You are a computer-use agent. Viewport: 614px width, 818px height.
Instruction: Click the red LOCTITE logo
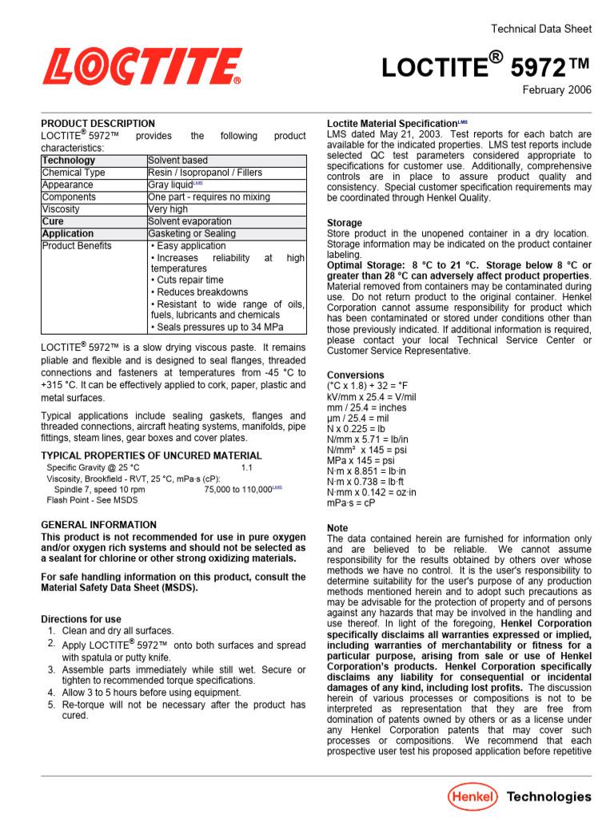pyautogui.click(x=142, y=67)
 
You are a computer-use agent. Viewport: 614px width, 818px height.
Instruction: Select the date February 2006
pyautogui.click(x=556, y=90)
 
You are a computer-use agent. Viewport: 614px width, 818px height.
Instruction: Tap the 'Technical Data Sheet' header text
pyautogui.click(x=540, y=29)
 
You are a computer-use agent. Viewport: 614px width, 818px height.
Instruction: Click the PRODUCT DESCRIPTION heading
pyautogui.click(x=98, y=124)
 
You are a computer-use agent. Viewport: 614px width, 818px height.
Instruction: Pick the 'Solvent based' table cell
pyautogui.click(x=177, y=161)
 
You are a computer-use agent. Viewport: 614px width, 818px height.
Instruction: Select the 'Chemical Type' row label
pyautogui.click(x=74, y=173)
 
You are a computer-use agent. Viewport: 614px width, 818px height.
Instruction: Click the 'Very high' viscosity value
pyautogui.click(x=168, y=209)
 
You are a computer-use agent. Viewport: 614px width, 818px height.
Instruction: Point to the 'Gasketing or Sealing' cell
pyautogui.click(x=192, y=234)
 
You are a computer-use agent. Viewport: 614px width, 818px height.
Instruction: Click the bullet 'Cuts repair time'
pyautogui.click(x=189, y=280)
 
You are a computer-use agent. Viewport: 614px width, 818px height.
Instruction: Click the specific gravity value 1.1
pyautogui.click(x=247, y=467)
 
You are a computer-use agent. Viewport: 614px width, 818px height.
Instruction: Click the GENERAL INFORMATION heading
pyautogui.click(x=98, y=525)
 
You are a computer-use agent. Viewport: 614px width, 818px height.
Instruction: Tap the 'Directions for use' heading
pyautogui.click(x=81, y=619)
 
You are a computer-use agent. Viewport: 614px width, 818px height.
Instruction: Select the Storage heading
pyautogui.click(x=345, y=223)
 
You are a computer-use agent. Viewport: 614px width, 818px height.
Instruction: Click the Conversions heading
pyautogui.click(x=356, y=375)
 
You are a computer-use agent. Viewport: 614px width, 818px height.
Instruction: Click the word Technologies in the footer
pyautogui.click(x=549, y=796)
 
